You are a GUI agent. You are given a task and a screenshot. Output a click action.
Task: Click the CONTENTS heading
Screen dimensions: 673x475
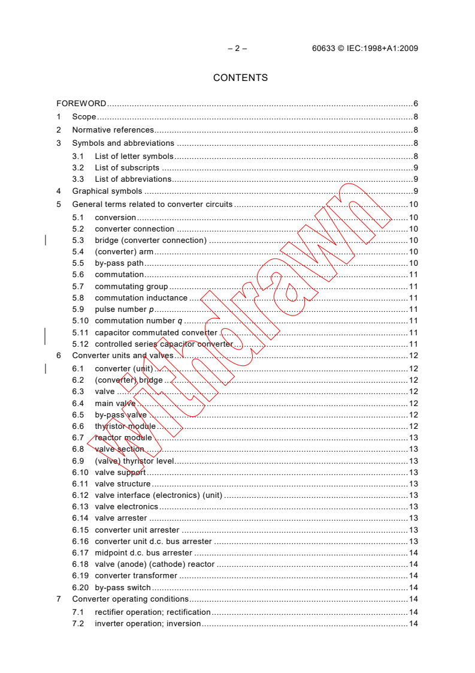tap(240, 78)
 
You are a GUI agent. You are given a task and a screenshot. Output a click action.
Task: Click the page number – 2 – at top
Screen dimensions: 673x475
tap(237, 49)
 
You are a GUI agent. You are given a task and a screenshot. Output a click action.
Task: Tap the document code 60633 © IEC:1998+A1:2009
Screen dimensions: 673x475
tap(365, 49)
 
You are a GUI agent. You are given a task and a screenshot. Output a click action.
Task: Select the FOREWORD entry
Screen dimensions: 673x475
tap(81, 103)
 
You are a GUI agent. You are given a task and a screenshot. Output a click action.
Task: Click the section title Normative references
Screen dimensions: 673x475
tap(113, 130)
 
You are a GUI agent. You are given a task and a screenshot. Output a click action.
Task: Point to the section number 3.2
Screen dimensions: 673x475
tap(78, 168)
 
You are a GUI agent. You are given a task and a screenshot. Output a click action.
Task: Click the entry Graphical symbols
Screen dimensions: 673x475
tap(107, 191)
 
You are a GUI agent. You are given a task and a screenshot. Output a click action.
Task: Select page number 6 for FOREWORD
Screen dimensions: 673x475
tap(415, 103)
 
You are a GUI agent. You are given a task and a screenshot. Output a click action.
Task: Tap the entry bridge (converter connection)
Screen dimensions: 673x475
tap(150, 241)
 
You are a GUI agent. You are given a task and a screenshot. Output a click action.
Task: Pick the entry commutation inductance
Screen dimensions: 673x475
tap(141, 298)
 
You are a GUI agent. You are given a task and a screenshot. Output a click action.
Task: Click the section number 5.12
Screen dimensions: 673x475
tap(80, 344)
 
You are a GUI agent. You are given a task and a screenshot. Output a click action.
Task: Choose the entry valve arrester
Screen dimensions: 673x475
tap(120, 518)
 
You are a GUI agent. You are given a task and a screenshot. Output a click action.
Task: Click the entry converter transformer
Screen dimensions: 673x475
tap(136, 576)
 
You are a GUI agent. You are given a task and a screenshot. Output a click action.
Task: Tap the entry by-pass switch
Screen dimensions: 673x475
tap(123, 588)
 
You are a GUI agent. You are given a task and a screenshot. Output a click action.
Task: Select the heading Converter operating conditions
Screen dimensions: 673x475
tap(130, 599)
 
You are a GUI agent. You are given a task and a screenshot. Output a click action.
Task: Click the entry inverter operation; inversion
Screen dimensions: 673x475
tap(147, 624)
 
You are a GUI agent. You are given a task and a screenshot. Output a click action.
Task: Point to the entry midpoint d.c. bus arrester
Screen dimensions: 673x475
tap(144, 553)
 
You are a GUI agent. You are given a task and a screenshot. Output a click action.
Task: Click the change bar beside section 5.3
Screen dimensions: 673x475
tap(46, 241)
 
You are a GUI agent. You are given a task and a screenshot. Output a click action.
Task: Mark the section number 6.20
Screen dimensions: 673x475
tap(80, 588)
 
